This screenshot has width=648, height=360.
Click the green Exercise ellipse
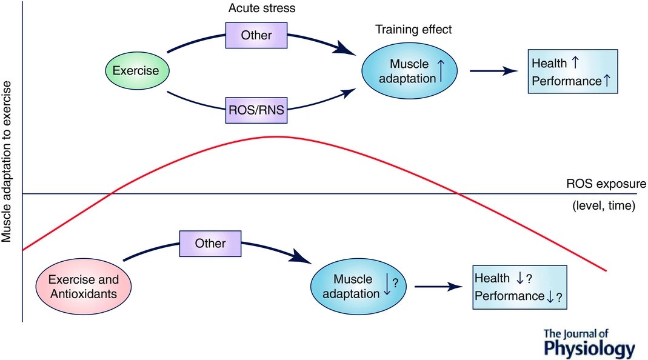137,71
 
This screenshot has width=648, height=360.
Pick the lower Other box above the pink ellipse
210,244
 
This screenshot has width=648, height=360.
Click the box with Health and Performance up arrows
573,72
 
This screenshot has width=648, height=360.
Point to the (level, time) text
603,206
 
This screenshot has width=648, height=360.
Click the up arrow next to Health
575,62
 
